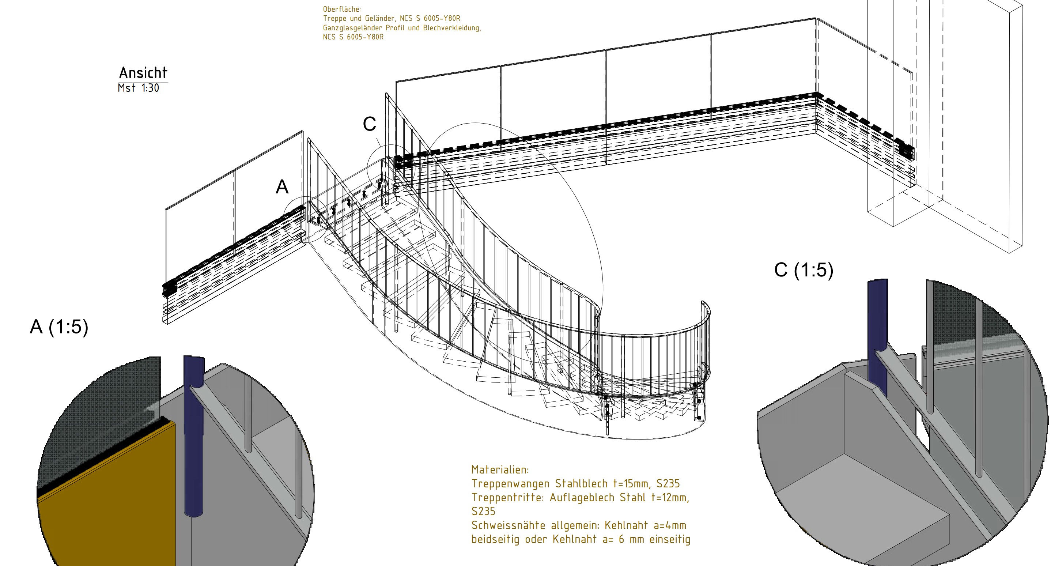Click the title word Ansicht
point(143,73)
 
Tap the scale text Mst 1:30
point(138,88)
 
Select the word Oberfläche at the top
point(342,9)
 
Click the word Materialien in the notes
point(500,470)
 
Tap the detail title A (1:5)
point(59,327)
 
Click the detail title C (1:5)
point(804,270)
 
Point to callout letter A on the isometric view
point(282,187)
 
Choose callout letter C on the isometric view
point(369,124)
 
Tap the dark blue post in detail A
point(194,437)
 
